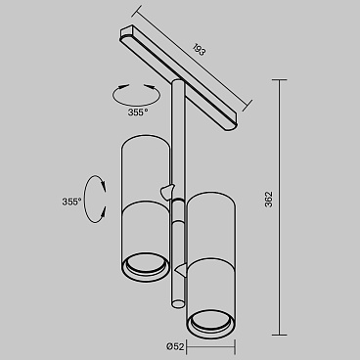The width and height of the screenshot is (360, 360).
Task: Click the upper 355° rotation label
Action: tap(138, 112)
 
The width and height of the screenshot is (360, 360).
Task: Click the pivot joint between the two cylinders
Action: tap(174, 189)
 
